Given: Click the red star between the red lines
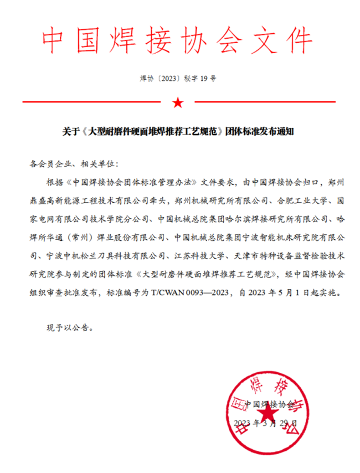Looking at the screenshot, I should coord(177,102).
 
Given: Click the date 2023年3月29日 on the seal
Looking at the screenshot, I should coord(266,424).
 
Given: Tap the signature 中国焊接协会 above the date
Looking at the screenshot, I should coord(269,403).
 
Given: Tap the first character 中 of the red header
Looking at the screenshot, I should coord(55,38).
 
